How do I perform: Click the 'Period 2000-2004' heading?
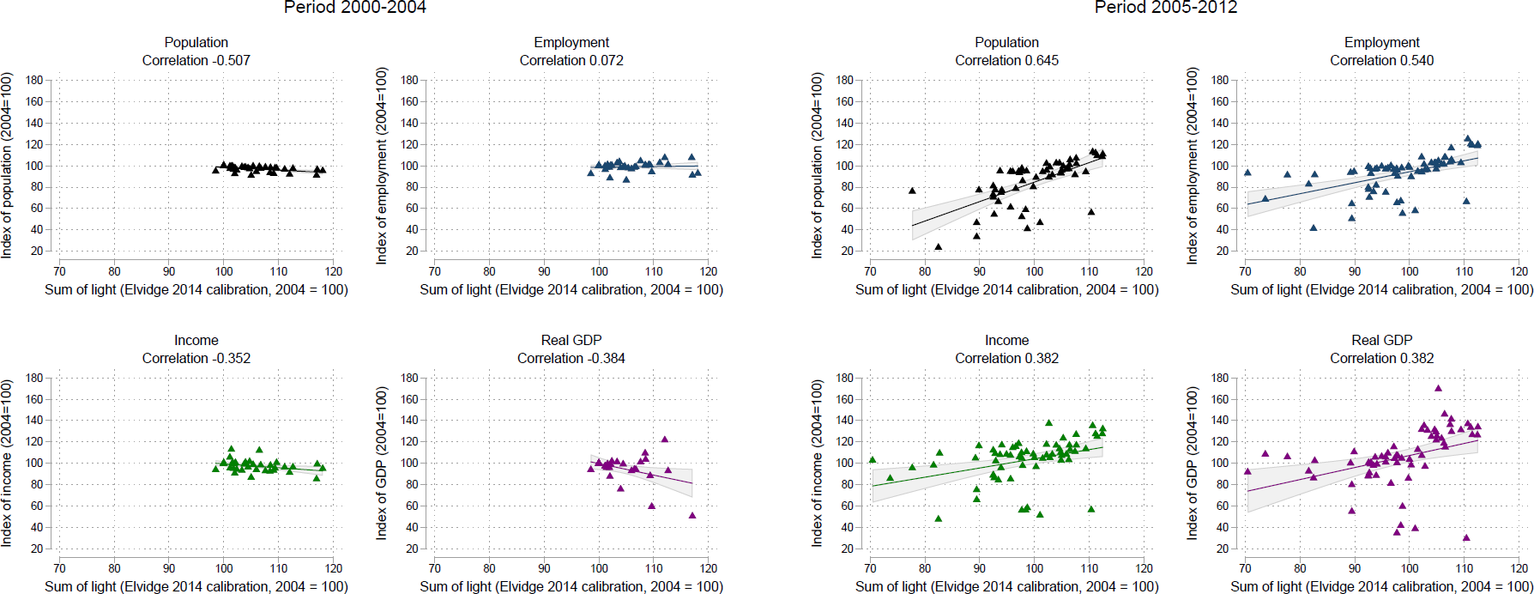coord(354,8)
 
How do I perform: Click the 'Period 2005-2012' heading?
coord(1165,8)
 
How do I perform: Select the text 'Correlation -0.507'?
coord(196,61)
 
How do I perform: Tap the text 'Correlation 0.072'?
coord(571,61)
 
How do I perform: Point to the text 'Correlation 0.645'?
coord(1006,61)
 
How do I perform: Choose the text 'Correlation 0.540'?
coord(1381,61)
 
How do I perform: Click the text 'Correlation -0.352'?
coord(196,358)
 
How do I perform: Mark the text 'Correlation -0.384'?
coord(571,358)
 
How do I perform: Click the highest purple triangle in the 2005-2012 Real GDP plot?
coord(1438,388)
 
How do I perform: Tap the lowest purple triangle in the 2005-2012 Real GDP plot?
coord(1466,537)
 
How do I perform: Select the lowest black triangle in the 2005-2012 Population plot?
coord(938,246)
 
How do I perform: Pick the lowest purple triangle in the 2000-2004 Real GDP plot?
coord(692,515)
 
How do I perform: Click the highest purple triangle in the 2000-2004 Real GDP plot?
coord(664,439)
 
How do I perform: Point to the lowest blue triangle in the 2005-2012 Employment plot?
coord(1313,227)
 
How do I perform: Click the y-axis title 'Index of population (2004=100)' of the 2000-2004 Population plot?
coord(7,165)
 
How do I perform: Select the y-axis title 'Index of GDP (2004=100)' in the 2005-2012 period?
coord(1192,463)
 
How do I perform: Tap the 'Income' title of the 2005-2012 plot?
coord(1006,340)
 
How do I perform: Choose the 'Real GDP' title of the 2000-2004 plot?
coord(571,340)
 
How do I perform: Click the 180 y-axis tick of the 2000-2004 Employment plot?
coord(410,80)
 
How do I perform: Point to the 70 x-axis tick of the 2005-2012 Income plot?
coord(870,568)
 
